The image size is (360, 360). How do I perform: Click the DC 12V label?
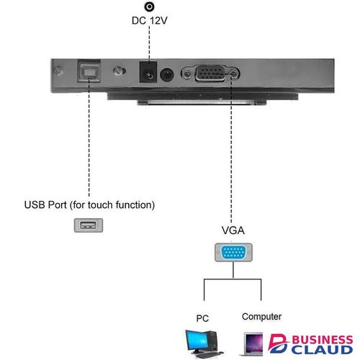coord(149,21)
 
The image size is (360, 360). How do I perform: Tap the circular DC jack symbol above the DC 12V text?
coord(149,6)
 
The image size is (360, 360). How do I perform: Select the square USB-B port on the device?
coord(89,72)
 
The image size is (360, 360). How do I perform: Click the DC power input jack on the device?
coord(148,72)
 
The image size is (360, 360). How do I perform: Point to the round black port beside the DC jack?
coord(166,75)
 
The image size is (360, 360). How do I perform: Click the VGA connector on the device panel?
coord(210,73)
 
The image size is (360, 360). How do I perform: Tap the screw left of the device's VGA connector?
coord(186,73)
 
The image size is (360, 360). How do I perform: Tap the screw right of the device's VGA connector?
coord(233,73)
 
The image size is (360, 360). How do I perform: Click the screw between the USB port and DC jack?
coord(119,71)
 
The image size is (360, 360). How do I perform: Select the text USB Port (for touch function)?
coord(89,205)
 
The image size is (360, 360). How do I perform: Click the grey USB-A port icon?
coord(89,225)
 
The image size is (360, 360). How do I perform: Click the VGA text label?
coord(233,230)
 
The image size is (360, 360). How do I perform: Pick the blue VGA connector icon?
coord(233,252)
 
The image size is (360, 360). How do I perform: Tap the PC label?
coord(202,318)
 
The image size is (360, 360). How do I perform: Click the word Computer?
coord(261,317)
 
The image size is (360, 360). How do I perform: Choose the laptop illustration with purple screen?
coord(253,344)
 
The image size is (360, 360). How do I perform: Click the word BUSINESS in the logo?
coord(323,340)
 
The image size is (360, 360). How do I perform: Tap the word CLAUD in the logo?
coord(322,350)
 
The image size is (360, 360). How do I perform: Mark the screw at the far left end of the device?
coord(58,71)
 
